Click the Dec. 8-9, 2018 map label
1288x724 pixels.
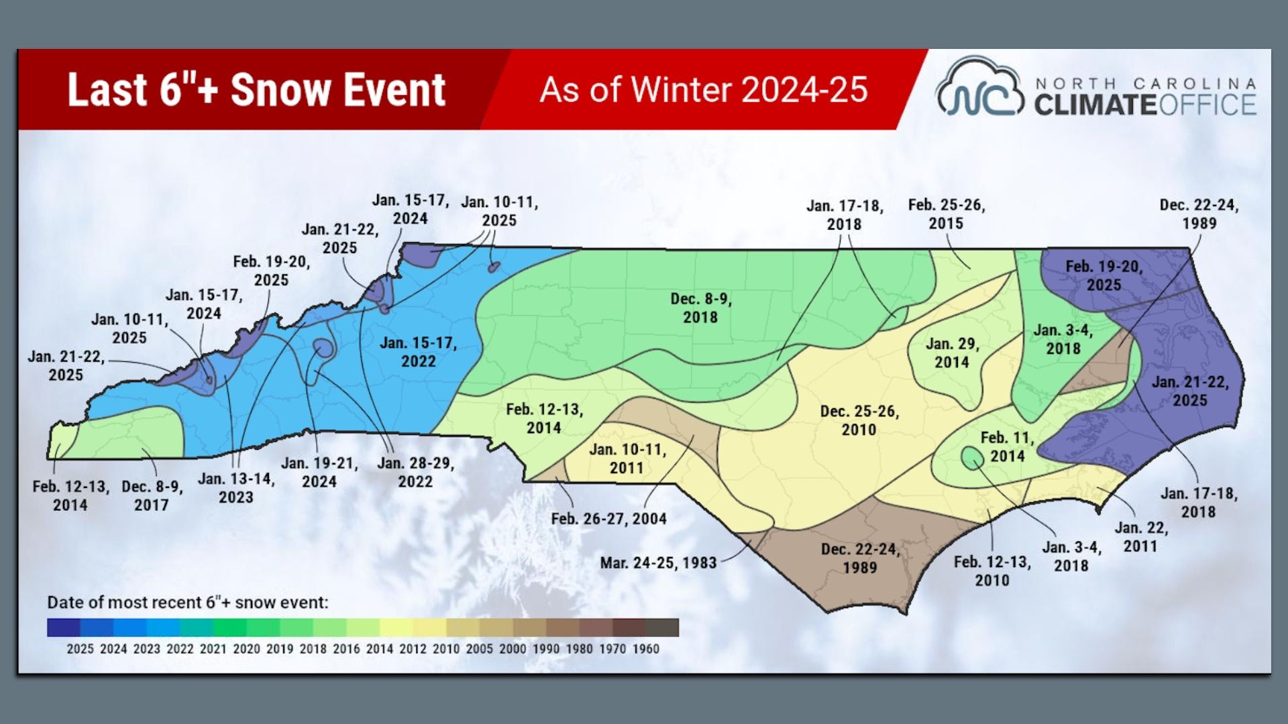click(700, 308)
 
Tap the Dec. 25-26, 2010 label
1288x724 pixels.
click(859, 420)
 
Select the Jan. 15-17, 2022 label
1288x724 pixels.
click(418, 352)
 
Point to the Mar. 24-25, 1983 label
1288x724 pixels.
click(658, 563)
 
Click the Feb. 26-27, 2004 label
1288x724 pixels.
click(608, 519)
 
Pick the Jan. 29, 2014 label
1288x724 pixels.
click(952, 353)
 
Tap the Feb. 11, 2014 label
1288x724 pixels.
click(1006, 447)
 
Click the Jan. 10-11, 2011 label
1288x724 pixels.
click(627, 459)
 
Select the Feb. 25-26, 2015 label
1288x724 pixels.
click(946, 215)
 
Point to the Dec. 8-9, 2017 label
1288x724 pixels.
click(152, 496)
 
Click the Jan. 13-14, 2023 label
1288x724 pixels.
click(236, 488)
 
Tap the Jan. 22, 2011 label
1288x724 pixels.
click(1140, 537)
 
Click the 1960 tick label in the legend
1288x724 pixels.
click(645, 649)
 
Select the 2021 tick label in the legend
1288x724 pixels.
click(213, 649)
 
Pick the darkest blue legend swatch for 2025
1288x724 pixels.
click(64, 627)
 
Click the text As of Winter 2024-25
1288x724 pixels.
click(704, 90)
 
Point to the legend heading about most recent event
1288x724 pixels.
click(188, 602)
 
